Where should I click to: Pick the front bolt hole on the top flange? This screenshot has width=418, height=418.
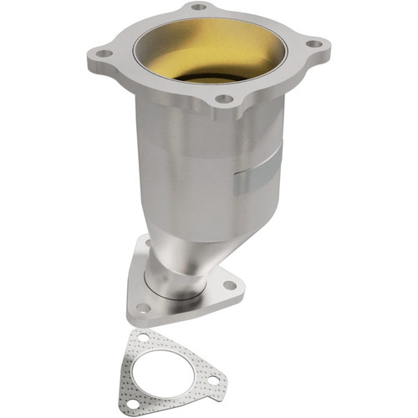pos(224,99)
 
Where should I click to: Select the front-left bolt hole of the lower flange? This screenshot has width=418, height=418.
pos(144,308)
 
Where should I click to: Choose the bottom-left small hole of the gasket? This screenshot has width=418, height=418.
pos(132,400)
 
